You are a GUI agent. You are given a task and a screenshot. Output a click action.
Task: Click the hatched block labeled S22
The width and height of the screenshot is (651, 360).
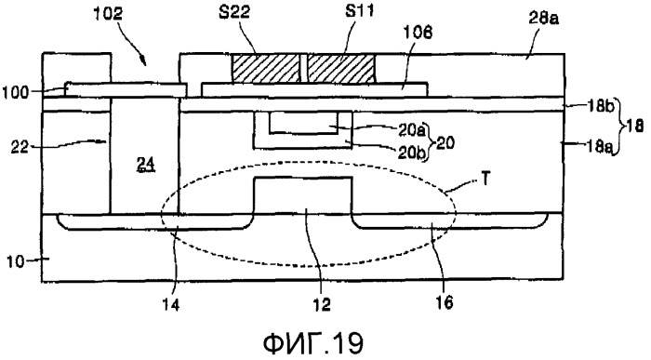[x=266, y=69]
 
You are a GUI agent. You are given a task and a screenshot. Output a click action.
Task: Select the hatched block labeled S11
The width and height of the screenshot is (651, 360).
[x=340, y=69]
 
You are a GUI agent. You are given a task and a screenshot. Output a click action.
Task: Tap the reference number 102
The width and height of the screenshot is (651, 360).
[x=108, y=14]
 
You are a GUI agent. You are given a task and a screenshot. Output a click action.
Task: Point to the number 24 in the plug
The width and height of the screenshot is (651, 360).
[x=148, y=166]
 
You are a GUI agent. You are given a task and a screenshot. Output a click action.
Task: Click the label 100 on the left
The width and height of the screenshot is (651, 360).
[x=16, y=92]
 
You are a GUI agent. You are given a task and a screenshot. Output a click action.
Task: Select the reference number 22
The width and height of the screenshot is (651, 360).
[x=20, y=146]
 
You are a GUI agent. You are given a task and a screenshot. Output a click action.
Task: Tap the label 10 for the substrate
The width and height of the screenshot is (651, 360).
[x=15, y=262]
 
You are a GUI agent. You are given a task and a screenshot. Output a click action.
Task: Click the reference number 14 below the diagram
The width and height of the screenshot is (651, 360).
[x=171, y=305]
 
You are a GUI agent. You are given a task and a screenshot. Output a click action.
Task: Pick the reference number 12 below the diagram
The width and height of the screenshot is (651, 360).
[x=322, y=305]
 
